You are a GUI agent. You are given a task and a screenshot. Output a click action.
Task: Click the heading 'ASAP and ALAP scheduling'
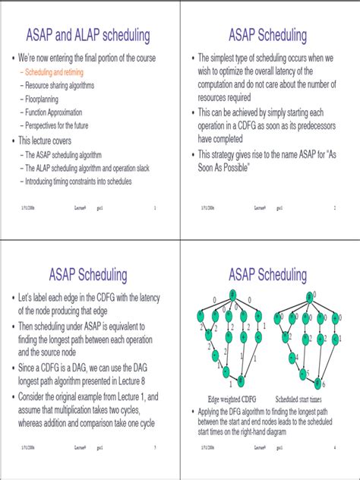click(x=90, y=35)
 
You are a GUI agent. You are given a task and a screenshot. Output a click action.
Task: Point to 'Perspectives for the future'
click(x=64, y=125)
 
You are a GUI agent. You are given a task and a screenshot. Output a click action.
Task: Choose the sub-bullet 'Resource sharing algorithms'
click(x=60, y=86)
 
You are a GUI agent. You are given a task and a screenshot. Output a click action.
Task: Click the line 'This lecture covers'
click(x=54, y=140)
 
